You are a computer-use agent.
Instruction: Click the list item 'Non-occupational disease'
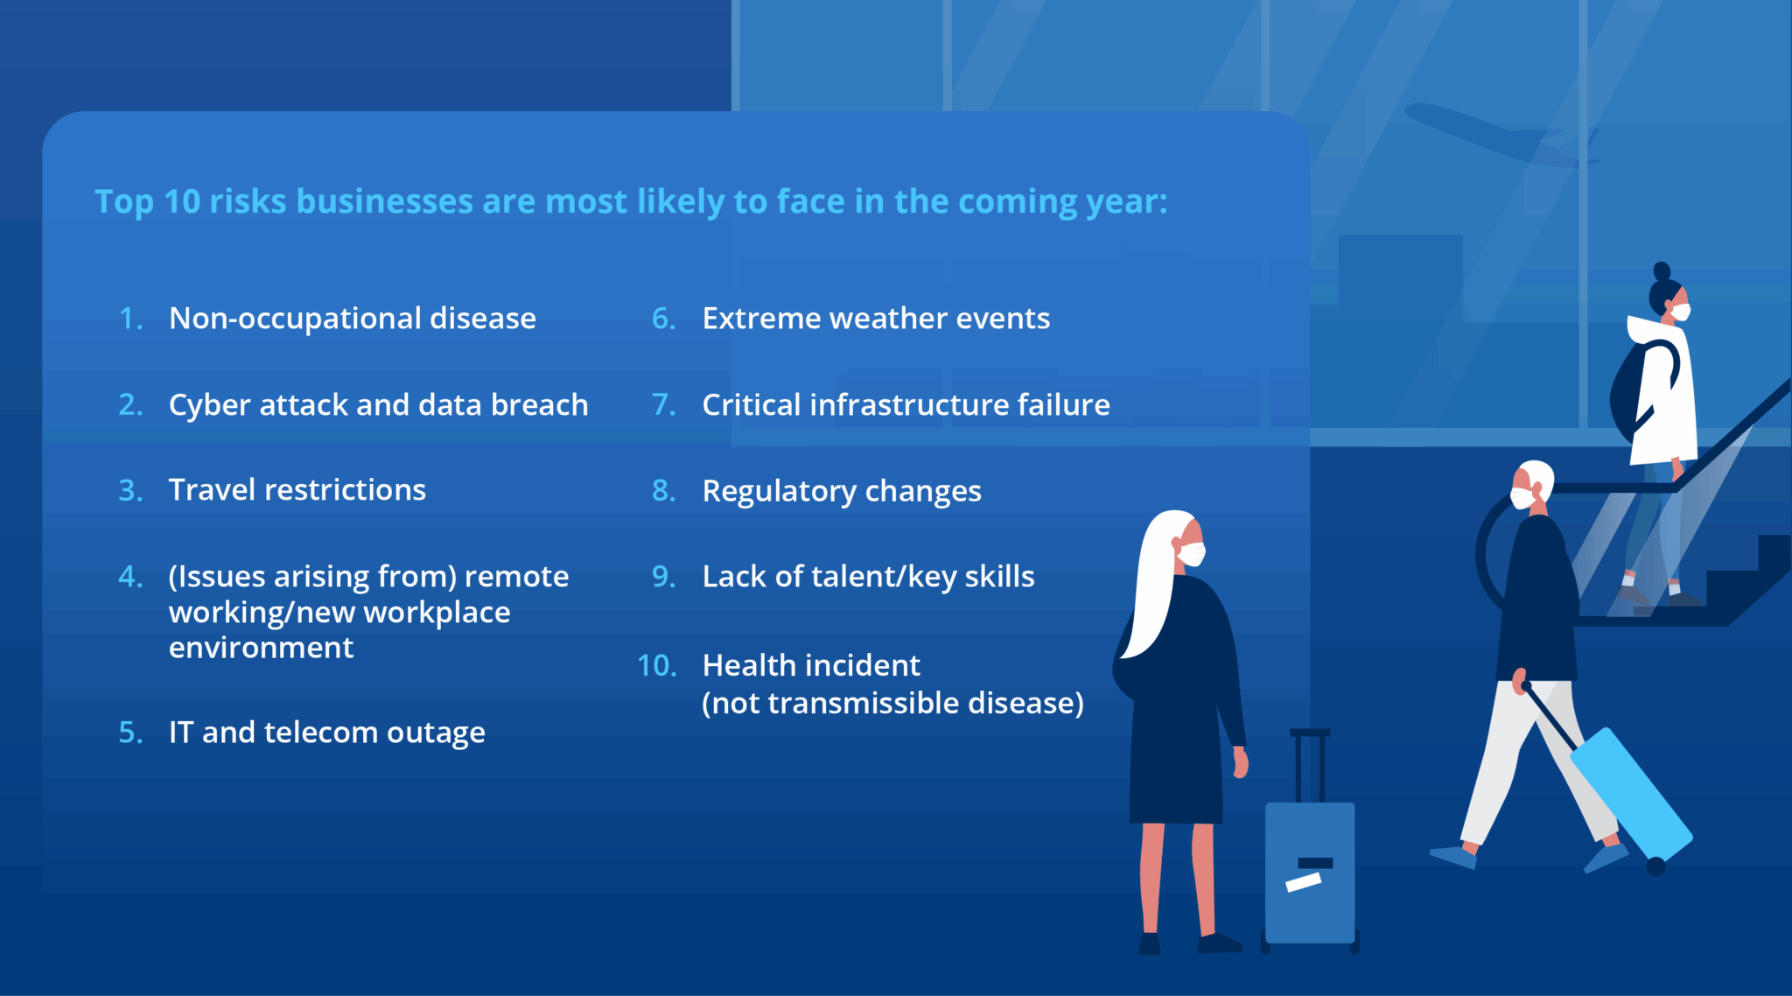[352, 319]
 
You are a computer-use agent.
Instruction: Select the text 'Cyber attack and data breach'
[378, 405]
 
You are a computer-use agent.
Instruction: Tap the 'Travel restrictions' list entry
[297, 490]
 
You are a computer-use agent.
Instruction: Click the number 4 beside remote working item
[130, 577]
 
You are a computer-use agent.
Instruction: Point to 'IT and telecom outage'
[326, 733]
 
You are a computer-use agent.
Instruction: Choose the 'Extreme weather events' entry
[875, 319]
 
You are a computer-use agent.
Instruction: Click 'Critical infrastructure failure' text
[906, 405]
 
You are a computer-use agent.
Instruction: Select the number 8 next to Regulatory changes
[663, 491]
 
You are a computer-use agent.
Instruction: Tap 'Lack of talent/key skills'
[868, 577]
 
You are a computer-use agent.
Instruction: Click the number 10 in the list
[656, 666]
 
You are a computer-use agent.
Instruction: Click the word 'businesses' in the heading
[384, 202]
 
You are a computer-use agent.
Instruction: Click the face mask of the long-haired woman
[1192, 554]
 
